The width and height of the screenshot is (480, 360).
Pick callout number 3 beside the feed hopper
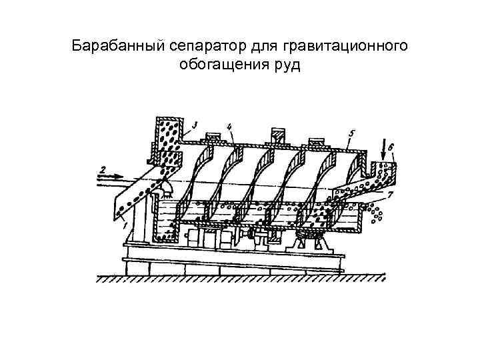click(193, 125)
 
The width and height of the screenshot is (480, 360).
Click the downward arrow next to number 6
click(382, 149)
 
